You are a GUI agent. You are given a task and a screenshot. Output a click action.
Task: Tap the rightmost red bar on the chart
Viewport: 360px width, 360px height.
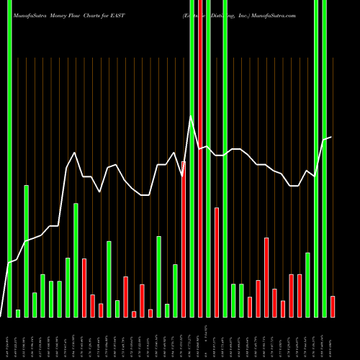pyautogui.click(x=332, y=306)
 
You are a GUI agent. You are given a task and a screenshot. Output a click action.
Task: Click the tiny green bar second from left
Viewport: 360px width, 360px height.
pyautogui.click(x=18, y=313)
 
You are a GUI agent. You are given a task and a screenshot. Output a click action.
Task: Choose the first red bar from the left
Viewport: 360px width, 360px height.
pyautogui.click(x=84, y=287)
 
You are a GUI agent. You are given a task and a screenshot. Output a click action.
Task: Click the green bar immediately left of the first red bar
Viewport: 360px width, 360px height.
pyautogui.click(x=76, y=260)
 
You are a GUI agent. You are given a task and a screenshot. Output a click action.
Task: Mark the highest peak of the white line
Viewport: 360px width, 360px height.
pyautogui.click(x=191, y=116)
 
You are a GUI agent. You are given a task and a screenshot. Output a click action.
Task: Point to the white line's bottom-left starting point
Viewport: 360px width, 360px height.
pyautogui.click(x=1, y=315)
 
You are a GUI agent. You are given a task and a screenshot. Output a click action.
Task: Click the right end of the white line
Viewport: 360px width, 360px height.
pyautogui.click(x=331, y=137)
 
